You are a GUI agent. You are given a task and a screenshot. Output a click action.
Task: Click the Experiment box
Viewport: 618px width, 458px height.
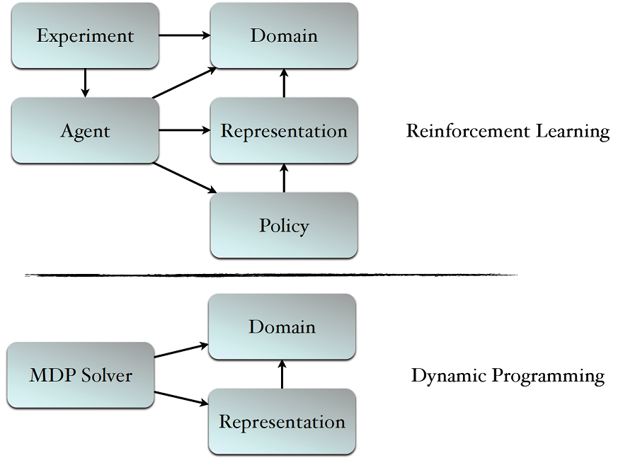coord(85,35)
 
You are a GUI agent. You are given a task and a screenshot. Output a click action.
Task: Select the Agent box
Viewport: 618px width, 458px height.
coord(85,130)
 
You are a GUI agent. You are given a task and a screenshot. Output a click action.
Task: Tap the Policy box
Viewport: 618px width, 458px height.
coord(284,225)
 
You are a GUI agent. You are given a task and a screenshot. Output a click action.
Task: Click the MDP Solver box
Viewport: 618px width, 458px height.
coord(81,375)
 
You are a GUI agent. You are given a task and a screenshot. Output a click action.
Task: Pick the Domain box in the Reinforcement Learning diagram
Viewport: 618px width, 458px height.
coord(284,35)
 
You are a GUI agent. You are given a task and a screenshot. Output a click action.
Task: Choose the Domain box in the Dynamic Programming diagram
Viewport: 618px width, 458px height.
coord(282,327)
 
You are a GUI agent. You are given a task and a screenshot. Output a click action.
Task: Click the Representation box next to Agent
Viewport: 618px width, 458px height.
coord(284,130)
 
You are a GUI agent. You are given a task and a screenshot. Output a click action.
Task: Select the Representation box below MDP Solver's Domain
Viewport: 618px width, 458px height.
coord(282,422)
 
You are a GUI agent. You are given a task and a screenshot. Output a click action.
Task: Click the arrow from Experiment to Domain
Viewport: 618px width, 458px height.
coord(185,35)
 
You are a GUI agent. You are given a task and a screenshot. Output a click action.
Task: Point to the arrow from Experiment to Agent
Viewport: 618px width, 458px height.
coord(85,83)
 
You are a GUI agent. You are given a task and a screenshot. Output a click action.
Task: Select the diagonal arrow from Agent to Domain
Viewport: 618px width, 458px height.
coord(185,83)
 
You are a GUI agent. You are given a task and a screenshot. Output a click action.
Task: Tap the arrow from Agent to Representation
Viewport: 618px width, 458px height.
coord(185,130)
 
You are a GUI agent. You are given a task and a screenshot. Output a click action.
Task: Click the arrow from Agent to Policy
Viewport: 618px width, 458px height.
coord(185,178)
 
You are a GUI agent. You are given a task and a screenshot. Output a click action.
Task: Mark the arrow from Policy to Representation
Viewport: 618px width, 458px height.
coord(284,178)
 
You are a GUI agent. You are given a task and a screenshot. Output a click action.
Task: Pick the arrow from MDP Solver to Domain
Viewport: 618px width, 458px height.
coord(181,351)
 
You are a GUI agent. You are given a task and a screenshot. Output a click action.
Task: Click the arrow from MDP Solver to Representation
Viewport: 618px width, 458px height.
coord(181,399)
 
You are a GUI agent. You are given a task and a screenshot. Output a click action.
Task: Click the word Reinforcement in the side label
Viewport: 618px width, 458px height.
coord(468,131)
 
